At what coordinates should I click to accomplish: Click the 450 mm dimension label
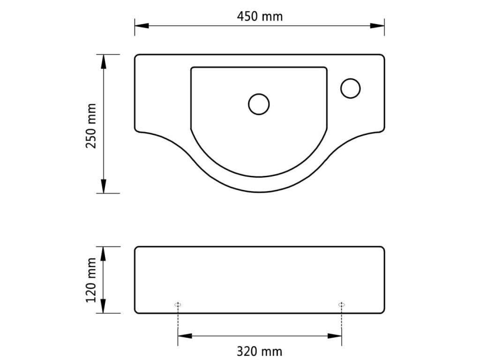coord(260,16)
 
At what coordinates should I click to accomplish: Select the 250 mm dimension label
coord(91,126)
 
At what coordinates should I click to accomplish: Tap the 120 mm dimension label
coord(91,280)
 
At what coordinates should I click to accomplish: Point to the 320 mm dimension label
coord(260,352)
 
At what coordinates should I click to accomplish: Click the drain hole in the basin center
coord(259,104)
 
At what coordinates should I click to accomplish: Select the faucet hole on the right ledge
coord(350,88)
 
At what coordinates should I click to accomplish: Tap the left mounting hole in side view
coord(178,305)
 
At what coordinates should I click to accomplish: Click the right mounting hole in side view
coord(342,305)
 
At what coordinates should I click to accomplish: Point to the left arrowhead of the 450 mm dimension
coord(142,26)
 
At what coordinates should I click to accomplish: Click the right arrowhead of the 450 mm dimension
coord(377,26)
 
